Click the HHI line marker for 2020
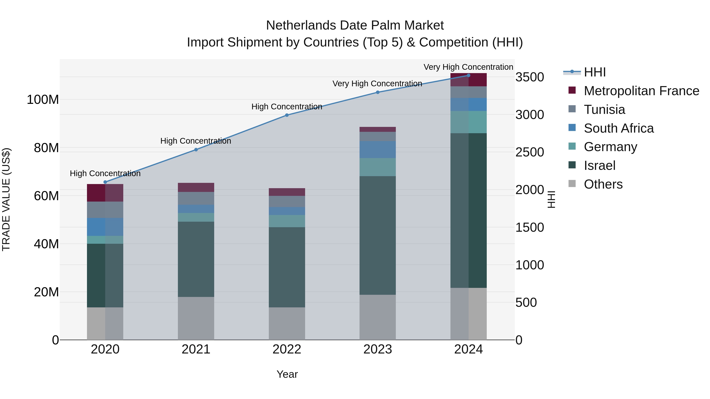[x=105, y=182]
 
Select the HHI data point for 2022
[x=287, y=115]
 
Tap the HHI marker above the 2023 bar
[x=378, y=92]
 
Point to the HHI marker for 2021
[x=196, y=150]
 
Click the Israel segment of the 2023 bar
[x=378, y=235]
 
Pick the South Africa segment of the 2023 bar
[x=378, y=150]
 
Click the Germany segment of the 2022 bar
[x=287, y=221]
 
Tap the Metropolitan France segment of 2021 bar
[x=196, y=187]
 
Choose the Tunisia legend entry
[x=604, y=110]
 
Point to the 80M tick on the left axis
[x=46, y=148]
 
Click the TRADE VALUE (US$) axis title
[x=6, y=199]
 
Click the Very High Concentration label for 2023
[x=377, y=83]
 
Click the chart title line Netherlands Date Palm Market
[x=355, y=25]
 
